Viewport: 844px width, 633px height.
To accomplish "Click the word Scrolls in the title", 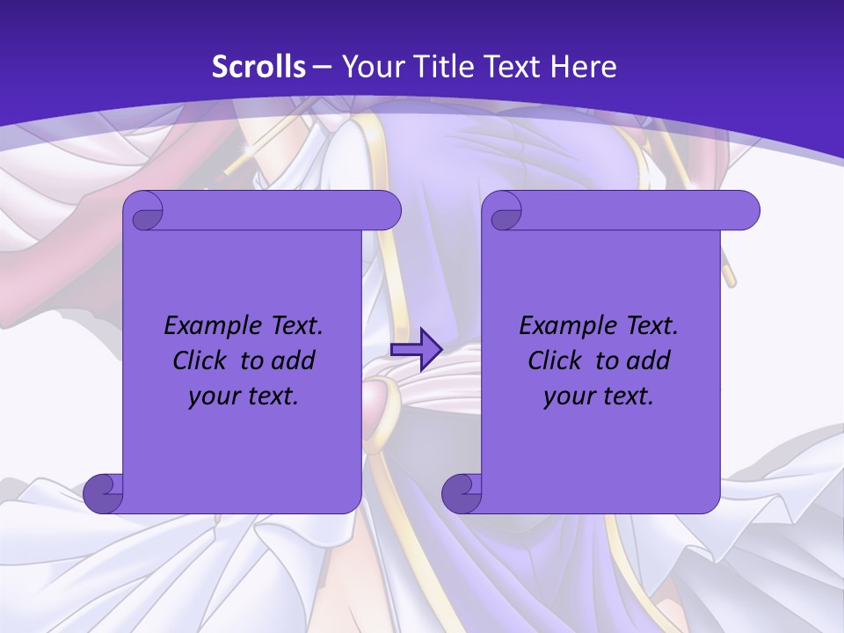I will (x=259, y=67).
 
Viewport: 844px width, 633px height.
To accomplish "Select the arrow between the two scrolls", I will (x=416, y=349).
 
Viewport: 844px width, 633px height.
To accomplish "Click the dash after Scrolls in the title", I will (x=322, y=67).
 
